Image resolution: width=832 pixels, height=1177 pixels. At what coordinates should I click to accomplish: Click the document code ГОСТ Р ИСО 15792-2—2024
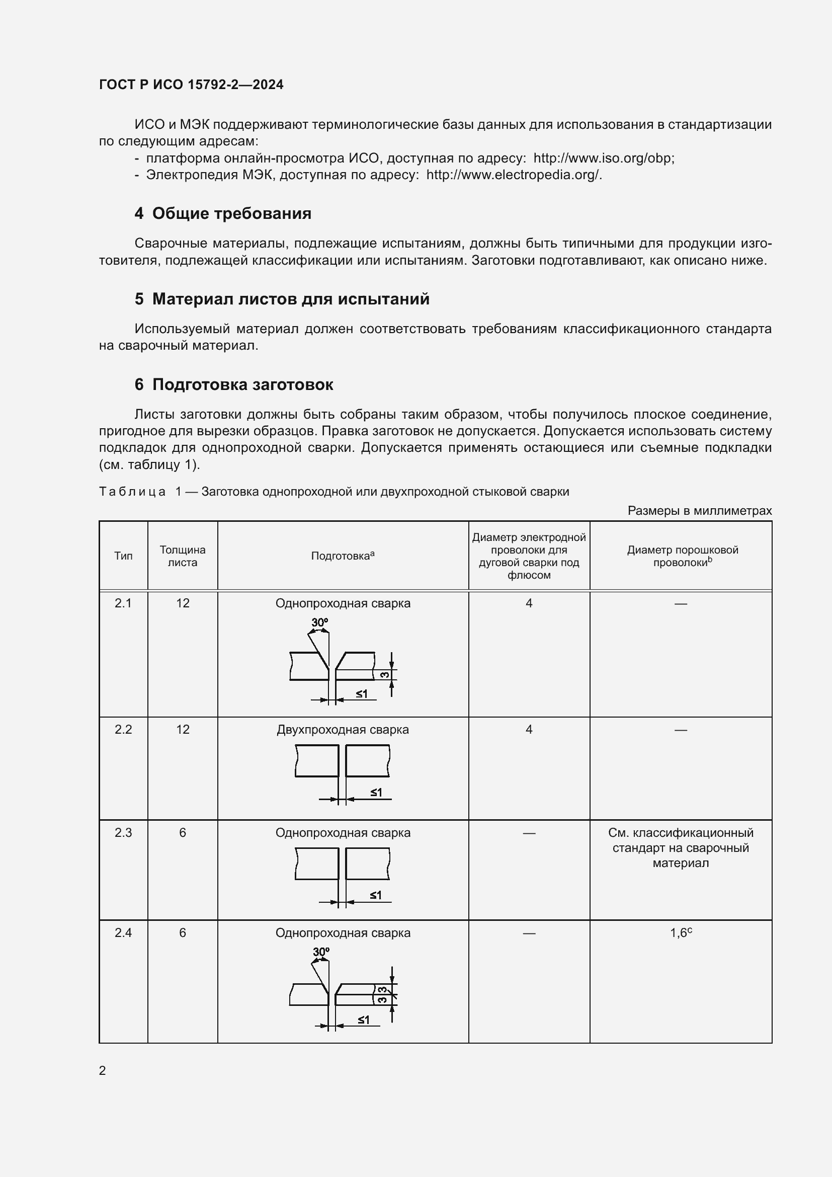[191, 85]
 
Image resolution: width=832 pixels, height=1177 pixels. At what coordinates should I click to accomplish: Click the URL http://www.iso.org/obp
[603, 159]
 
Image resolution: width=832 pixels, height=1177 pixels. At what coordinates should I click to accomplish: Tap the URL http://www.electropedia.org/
[514, 175]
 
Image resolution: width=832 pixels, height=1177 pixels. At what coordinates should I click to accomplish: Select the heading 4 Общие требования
[223, 213]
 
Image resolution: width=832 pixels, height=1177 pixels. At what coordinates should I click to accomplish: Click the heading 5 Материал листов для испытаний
[282, 299]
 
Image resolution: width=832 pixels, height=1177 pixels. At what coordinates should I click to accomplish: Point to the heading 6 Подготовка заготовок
[233, 384]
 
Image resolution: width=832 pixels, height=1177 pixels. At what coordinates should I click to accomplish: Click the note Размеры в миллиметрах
[699, 511]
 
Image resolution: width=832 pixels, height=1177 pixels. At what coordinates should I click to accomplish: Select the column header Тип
[123, 556]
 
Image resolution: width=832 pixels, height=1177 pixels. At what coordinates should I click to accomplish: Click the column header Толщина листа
[183, 556]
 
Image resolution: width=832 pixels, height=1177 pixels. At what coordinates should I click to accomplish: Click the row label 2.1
[123, 603]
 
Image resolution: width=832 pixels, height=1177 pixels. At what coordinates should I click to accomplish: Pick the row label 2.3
[123, 833]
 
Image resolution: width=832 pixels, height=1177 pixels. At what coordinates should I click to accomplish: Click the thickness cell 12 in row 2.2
[183, 730]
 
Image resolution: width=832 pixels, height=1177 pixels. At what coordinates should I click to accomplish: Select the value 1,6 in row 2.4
[679, 933]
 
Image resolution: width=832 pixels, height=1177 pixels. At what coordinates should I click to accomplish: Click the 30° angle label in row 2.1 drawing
[320, 622]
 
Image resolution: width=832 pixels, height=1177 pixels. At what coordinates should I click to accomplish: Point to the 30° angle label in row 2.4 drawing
[321, 952]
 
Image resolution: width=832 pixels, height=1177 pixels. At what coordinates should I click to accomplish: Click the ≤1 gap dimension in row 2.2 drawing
[376, 793]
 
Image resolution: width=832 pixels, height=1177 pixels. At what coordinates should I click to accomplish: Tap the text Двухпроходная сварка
[343, 730]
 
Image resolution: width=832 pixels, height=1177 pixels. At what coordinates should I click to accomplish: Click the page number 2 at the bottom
[103, 1070]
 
